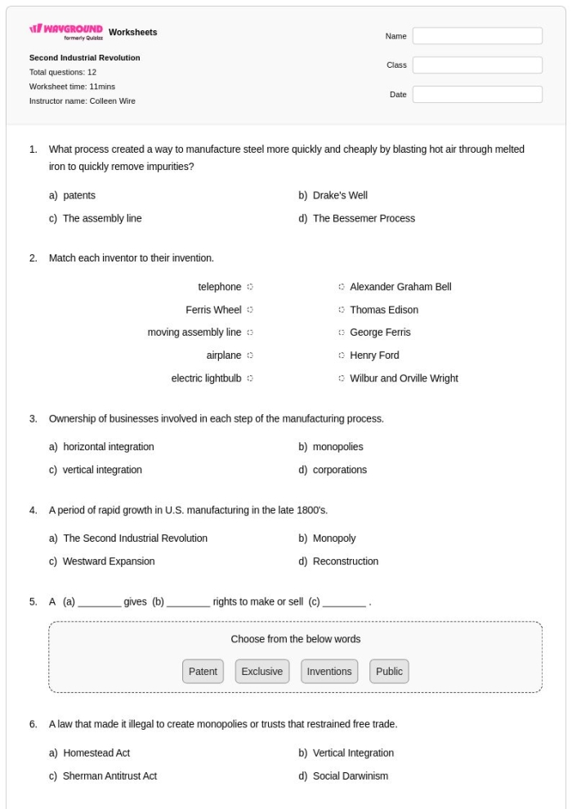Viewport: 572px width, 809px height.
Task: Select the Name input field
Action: click(x=477, y=36)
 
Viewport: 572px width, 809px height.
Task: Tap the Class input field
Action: click(x=477, y=65)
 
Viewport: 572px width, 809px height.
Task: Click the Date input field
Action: click(x=477, y=95)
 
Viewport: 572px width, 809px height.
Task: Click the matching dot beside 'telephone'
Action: click(x=250, y=287)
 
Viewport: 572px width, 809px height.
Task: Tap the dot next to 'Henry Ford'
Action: click(x=341, y=355)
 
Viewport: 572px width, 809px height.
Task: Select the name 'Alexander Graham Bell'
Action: click(x=400, y=287)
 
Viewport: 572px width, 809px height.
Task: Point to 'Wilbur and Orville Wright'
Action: click(x=404, y=378)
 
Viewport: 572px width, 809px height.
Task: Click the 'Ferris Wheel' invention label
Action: click(x=213, y=310)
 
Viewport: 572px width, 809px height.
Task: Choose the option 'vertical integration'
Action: click(x=102, y=470)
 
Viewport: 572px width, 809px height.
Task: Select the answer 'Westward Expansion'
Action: click(x=109, y=561)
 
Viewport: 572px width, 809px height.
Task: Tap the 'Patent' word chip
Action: click(x=203, y=672)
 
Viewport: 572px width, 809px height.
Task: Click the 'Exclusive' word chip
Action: click(x=261, y=672)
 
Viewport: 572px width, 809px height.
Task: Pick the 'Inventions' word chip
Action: click(x=329, y=672)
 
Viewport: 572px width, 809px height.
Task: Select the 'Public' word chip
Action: click(x=389, y=672)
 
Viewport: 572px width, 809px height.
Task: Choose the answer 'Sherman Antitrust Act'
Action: click(x=109, y=775)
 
